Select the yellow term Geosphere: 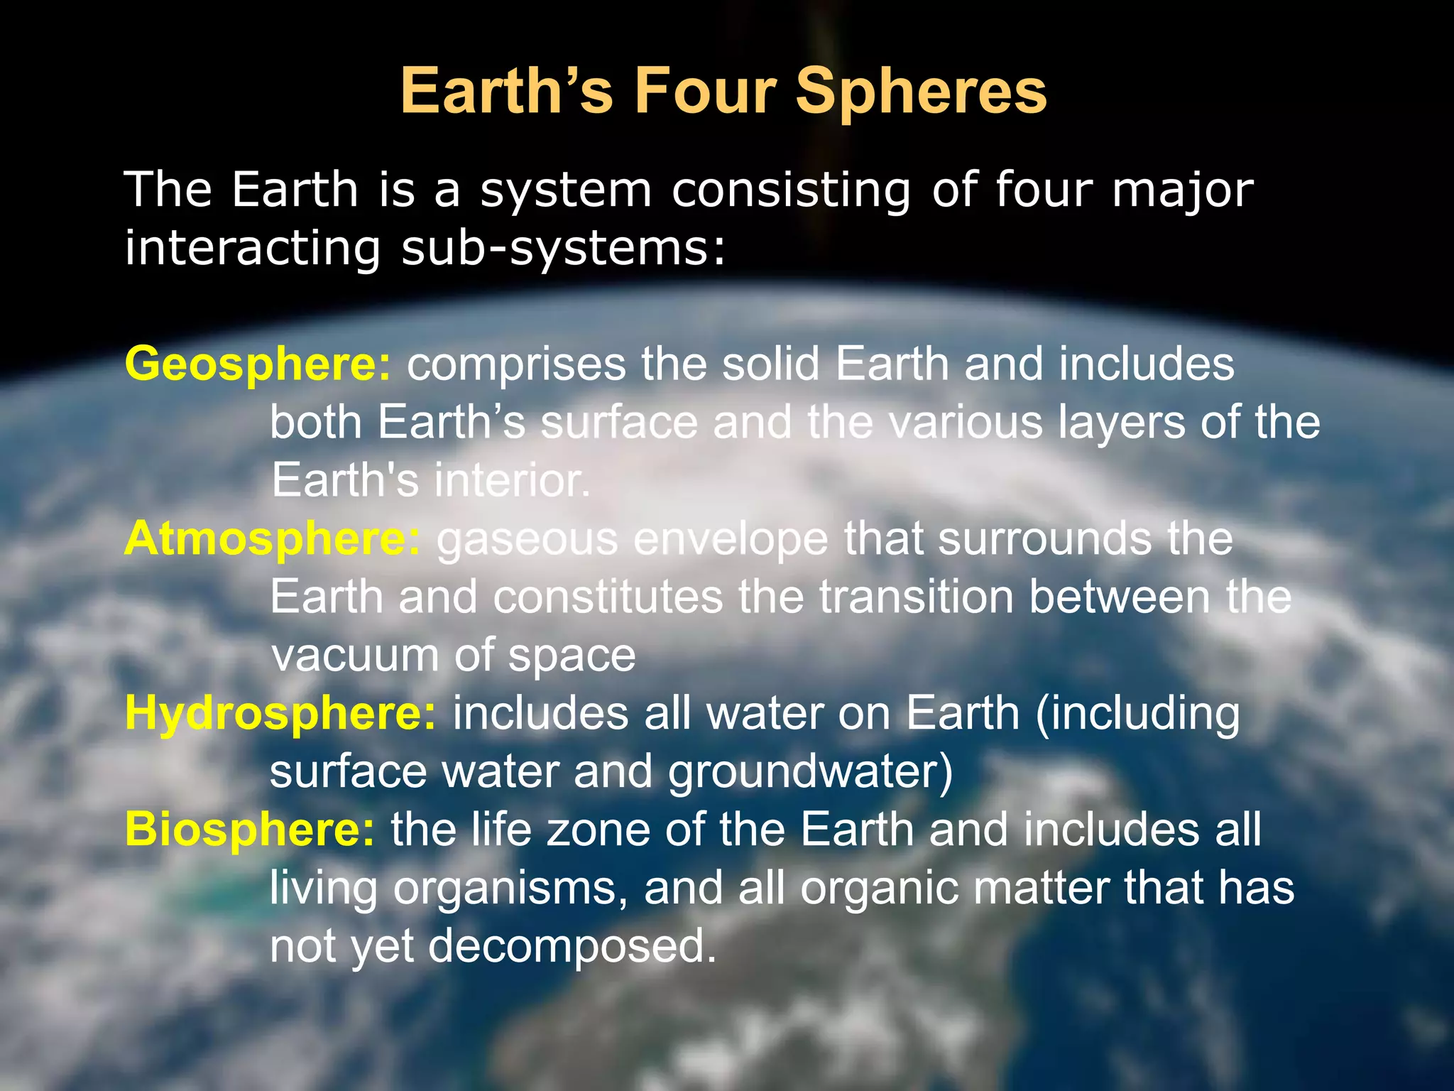click(x=258, y=364)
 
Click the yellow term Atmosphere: click(x=273, y=538)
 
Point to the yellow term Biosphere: click(x=249, y=830)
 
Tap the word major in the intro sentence click(x=1183, y=190)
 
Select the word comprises click(x=516, y=364)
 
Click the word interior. click(x=512, y=480)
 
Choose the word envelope click(x=731, y=539)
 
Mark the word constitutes click(x=608, y=597)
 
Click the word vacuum click(x=355, y=655)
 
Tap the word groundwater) click(x=810, y=771)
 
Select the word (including click(x=1137, y=713)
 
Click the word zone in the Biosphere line click(x=599, y=830)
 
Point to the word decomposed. click(x=572, y=947)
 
